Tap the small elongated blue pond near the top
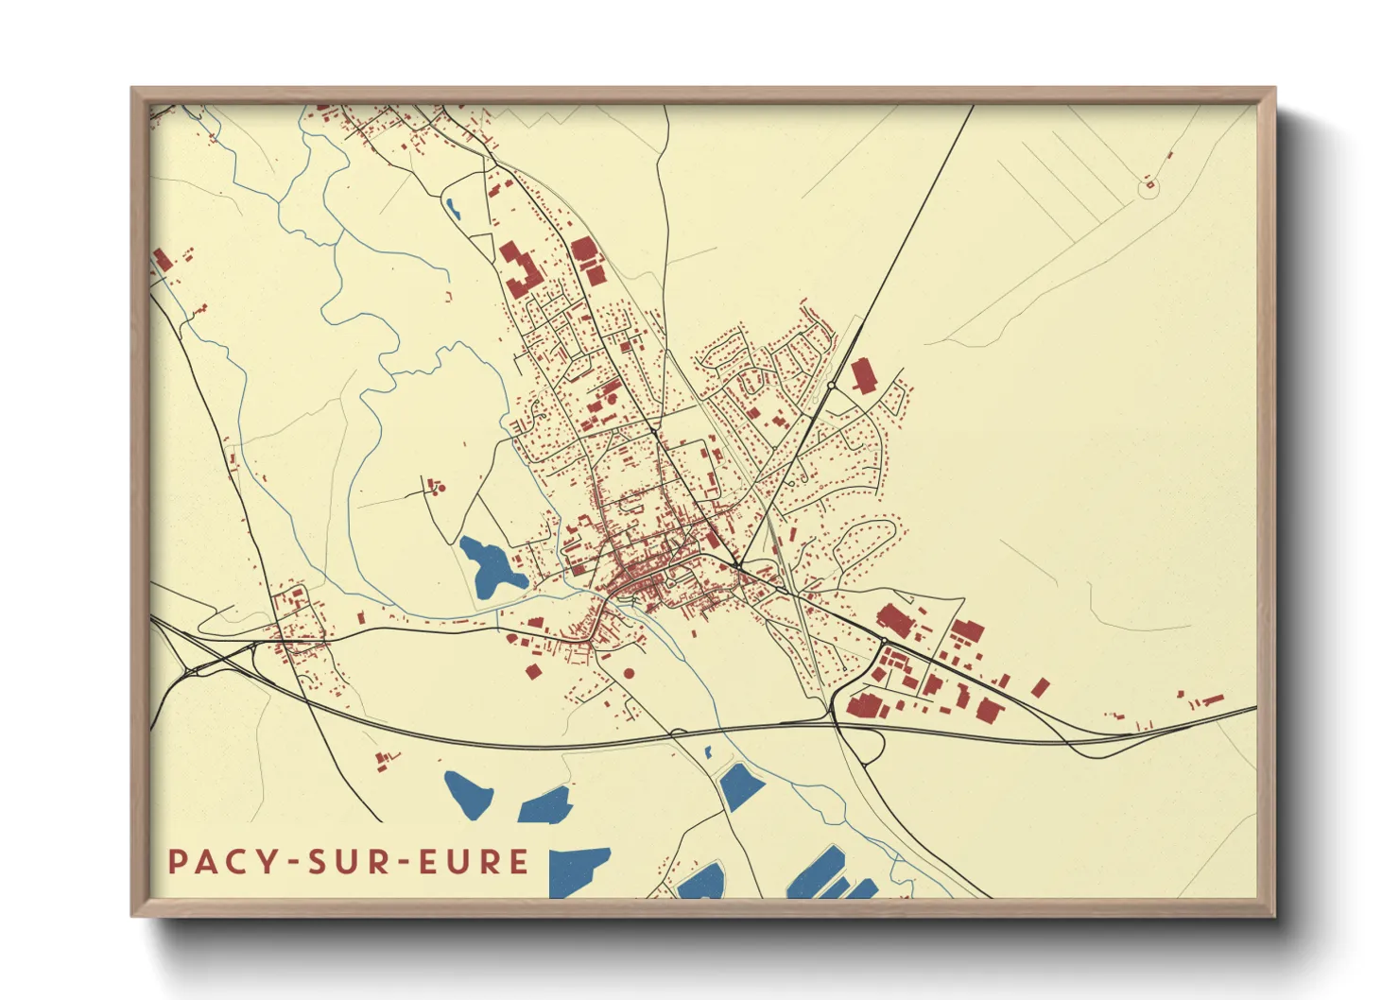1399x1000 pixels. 453,207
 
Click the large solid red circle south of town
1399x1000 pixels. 630,673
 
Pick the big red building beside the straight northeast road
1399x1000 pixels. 863,375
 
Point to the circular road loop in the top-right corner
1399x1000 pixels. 1149,189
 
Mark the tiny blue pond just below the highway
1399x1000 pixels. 708,752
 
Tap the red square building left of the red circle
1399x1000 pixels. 532,671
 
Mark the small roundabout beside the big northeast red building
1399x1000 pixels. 830,386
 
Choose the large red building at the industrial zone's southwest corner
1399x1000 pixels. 863,706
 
